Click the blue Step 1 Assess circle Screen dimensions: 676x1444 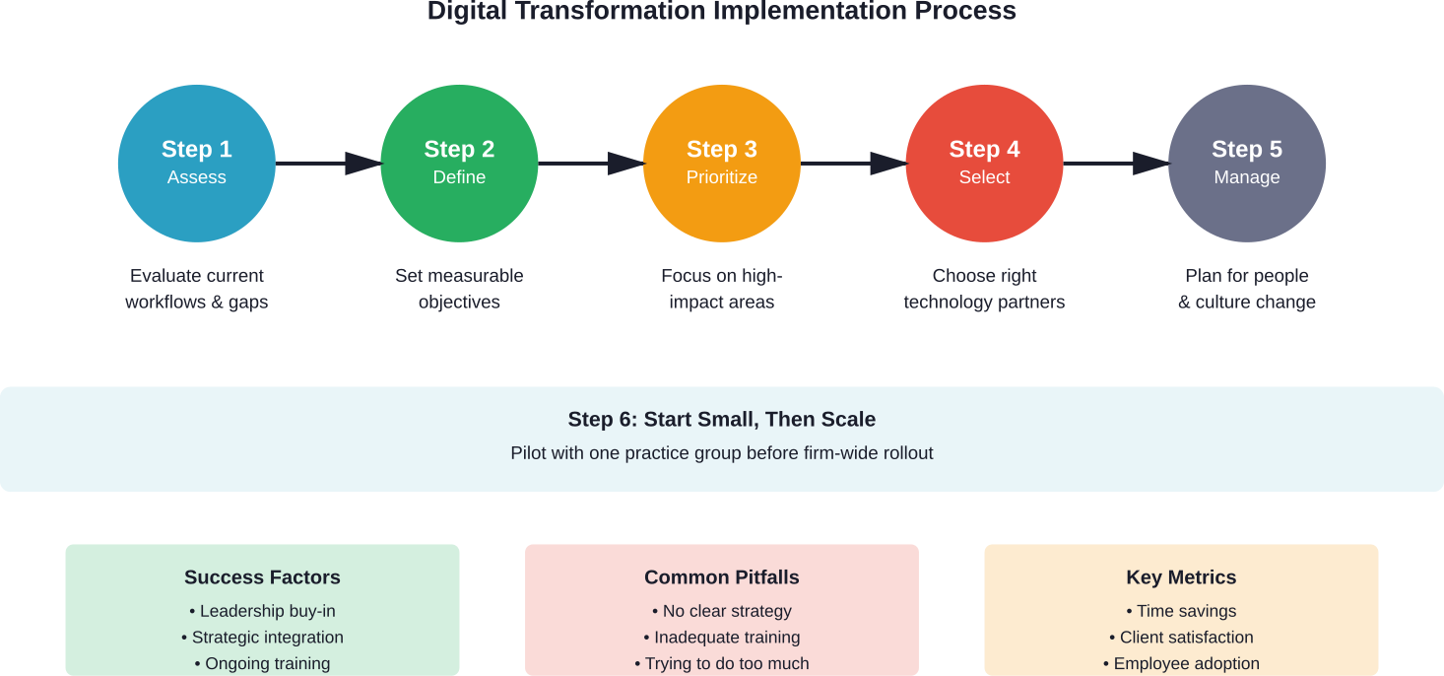(x=197, y=163)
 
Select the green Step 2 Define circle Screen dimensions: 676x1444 (x=459, y=163)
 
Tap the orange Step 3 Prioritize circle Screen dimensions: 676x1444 (x=722, y=163)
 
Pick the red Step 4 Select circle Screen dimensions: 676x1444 (x=984, y=163)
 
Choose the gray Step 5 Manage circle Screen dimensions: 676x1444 (x=1247, y=163)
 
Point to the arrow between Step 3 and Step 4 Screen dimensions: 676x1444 (x=853, y=163)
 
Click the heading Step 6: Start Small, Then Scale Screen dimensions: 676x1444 (x=722, y=420)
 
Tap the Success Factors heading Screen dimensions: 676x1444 (x=262, y=577)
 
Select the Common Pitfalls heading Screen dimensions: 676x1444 (x=722, y=577)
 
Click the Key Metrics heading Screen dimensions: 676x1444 (x=1181, y=577)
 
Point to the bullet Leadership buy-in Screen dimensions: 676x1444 (x=262, y=611)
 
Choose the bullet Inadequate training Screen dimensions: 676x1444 (x=722, y=638)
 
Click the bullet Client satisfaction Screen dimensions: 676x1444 (x=1181, y=638)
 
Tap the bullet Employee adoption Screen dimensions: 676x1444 (x=1181, y=663)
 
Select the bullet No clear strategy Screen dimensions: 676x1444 (x=722, y=611)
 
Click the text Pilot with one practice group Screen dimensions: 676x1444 (x=722, y=453)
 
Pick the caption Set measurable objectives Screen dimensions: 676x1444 (x=459, y=289)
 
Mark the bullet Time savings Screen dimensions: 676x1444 (x=1181, y=611)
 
